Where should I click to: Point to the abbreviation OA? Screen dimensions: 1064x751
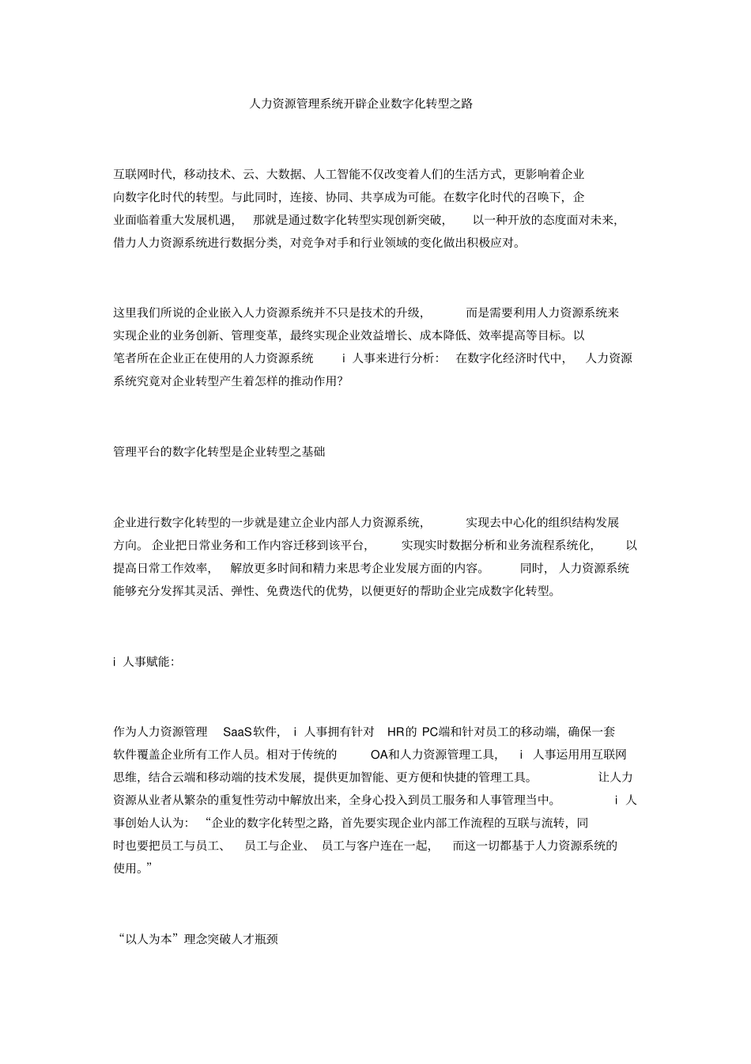click(x=379, y=754)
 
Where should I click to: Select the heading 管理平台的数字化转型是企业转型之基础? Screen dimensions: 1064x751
click(x=219, y=452)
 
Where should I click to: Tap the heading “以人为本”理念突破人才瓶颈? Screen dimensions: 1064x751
click(x=196, y=940)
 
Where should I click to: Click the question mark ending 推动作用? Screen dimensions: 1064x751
click(x=340, y=381)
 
